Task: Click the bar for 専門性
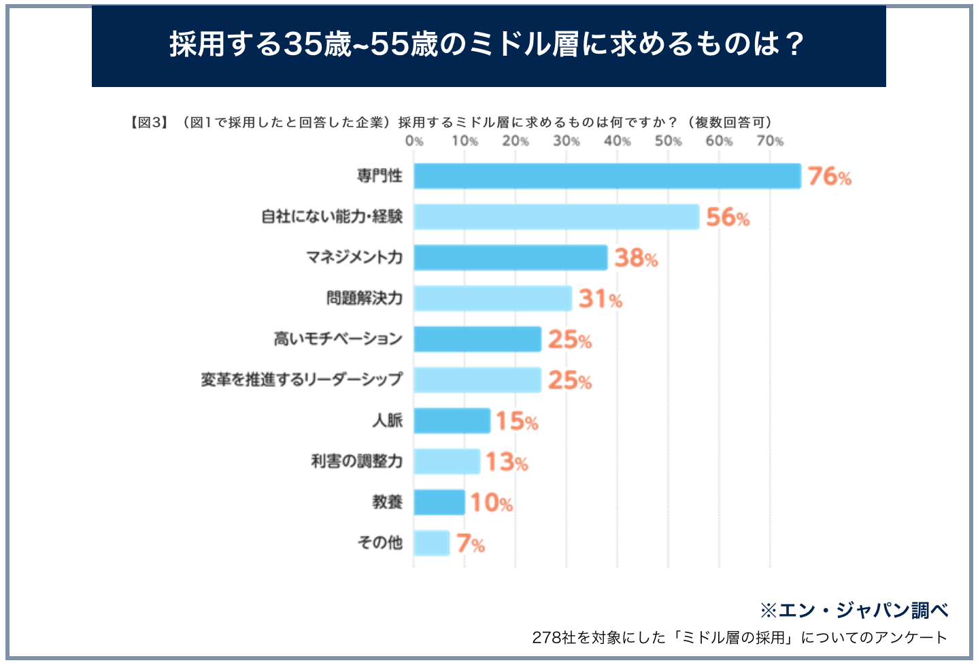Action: click(607, 176)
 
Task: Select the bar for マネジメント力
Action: click(510, 258)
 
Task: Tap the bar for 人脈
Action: click(452, 421)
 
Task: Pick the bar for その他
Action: click(431, 543)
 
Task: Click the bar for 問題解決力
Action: click(492, 299)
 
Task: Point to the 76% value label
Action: click(829, 177)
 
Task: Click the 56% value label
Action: click(727, 218)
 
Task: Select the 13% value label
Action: click(506, 462)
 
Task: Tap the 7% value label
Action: click(470, 544)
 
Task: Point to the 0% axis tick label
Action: click(414, 141)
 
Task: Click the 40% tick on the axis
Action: click(617, 141)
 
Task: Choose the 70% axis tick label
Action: click(770, 141)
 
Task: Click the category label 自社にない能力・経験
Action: click(332, 217)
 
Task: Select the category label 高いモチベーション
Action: click(338, 339)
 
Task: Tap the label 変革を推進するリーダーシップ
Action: click(301, 379)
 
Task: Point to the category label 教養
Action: click(387, 502)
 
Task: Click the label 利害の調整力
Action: click(356, 461)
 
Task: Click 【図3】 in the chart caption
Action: click(148, 122)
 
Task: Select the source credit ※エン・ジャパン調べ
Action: click(854, 610)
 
